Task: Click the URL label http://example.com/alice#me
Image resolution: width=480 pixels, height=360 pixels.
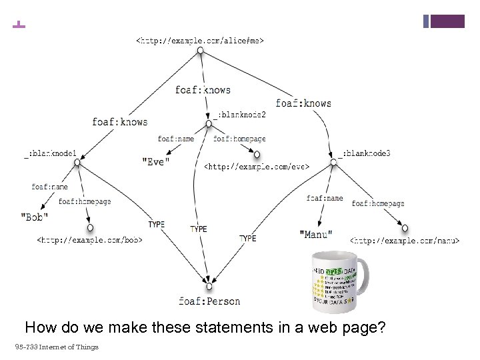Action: click(x=199, y=41)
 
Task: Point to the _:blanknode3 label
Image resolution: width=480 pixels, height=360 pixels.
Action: click(x=365, y=153)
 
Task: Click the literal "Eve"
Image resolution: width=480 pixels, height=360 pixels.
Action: click(x=157, y=161)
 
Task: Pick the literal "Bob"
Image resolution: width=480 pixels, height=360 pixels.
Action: click(x=34, y=217)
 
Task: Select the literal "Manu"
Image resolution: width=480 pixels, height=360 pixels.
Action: click(x=316, y=234)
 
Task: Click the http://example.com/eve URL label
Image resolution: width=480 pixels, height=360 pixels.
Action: click(x=256, y=165)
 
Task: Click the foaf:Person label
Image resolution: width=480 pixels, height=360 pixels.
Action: click(x=209, y=301)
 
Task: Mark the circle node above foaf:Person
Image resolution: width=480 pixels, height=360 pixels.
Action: click(x=209, y=287)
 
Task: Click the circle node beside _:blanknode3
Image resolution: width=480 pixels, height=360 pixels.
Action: click(x=333, y=161)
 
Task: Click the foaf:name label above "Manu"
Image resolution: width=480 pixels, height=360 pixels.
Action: click(x=325, y=198)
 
